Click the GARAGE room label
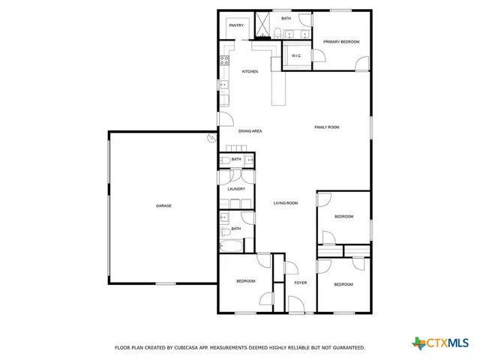click(163, 205)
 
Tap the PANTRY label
click(236, 25)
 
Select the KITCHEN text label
click(250, 71)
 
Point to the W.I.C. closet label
click(296, 55)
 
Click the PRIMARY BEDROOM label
click(341, 42)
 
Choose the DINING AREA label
click(250, 131)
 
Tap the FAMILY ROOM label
click(326, 127)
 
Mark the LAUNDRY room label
click(236, 189)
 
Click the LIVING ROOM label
click(286, 203)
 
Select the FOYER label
click(300, 283)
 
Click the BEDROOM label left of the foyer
click(246, 281)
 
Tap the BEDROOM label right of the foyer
click(343, 284)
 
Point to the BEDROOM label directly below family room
click(343, 217)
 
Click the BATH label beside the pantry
click(286, 18)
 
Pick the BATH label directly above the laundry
click(236, 160)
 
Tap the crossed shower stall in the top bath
click(263, 25)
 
